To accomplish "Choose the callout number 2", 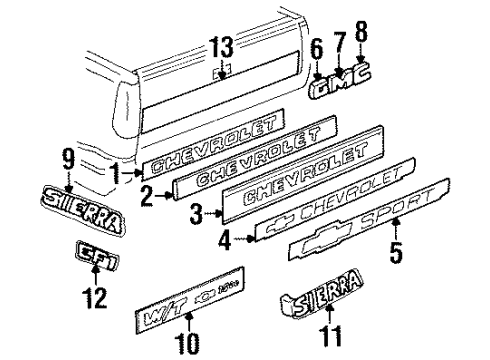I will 147,197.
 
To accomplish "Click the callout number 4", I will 225,239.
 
